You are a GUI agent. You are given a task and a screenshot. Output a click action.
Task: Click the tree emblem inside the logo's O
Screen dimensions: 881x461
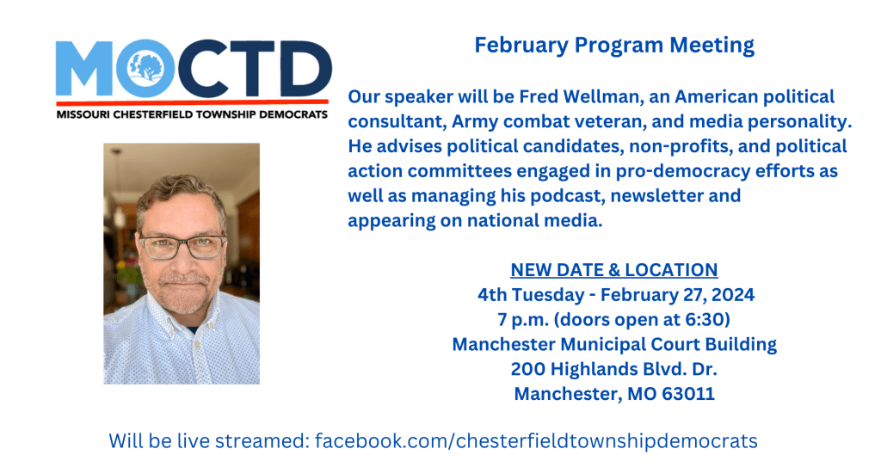[x=145, y=68]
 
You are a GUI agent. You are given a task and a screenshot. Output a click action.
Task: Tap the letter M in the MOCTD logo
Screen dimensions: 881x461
[x=84, y=68]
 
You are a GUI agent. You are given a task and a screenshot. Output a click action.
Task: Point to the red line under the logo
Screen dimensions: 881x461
[x=192, y=102]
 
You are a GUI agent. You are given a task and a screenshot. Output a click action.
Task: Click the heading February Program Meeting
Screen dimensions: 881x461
[x=614, y=45]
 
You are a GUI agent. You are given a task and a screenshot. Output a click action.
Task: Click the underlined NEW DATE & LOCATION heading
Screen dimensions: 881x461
[x=614, y=270]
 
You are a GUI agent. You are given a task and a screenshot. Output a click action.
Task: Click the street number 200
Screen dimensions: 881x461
[x=527, y=369]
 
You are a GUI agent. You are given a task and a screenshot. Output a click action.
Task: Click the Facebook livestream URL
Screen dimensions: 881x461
[x=536, y=440]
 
